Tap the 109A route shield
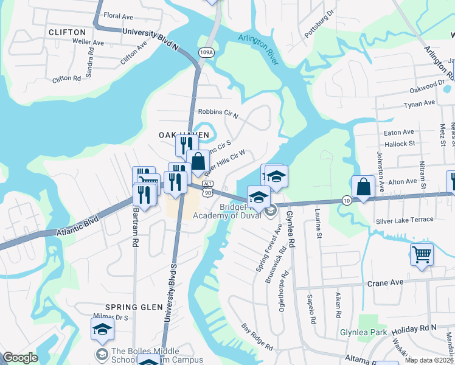[x=206, y=54]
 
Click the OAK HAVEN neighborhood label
[x=184, y=134]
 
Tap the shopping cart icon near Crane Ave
[x=421, y=254]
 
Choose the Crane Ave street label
[x=385, y=283]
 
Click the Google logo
[x=21, y=358]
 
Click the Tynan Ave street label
[x=420, y=105]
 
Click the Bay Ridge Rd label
[x=257, y=337]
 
